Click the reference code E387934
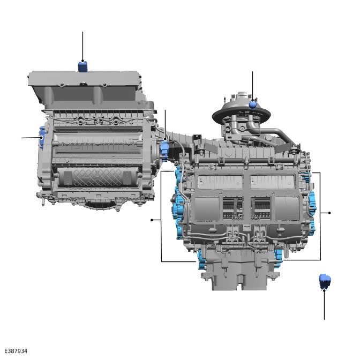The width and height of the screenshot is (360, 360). (x=16, y=351)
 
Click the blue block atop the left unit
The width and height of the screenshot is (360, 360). (x=82, y=66)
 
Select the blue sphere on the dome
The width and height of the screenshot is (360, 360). (x=252, y=105)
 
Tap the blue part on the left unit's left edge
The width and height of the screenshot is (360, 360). (x=42, y=137)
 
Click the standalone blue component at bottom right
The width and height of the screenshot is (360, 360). (x=325, y=281)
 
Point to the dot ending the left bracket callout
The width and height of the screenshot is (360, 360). (x=152, y=220)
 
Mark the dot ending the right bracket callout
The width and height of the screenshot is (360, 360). (x=329, y=213)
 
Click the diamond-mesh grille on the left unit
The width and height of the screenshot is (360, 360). (x=98, y=177)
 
